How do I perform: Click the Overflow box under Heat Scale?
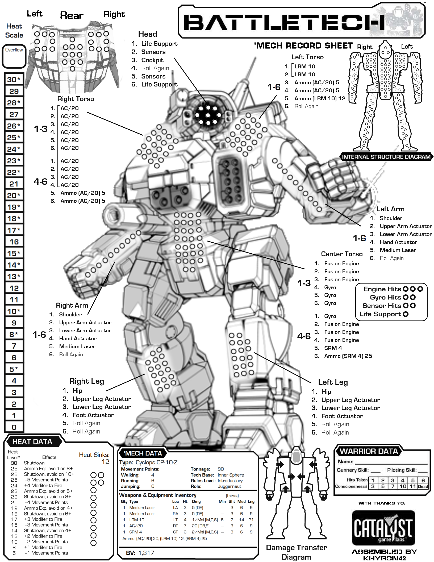(x=14, y=56)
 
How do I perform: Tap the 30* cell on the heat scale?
(x=14, y=80)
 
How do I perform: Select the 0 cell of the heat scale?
(x=14, y=427)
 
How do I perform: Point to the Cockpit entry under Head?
(x=152, y=60)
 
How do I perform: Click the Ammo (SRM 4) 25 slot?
(x=348, y=356)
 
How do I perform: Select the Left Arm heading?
(x=390, y=209)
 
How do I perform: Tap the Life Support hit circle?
(x=406, y=314)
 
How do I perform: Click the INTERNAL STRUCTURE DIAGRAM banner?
(x=386, y=157)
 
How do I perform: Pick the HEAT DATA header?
(x=32, y=442)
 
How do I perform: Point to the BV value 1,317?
(x=146, y=553)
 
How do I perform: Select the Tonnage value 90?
(x=221, y=469)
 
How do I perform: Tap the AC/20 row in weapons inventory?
(x=136, y=526)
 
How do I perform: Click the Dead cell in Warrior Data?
(x=423, y=486)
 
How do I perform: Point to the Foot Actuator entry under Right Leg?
(x=93, y=415)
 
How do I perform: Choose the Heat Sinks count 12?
(x=106, y=462)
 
